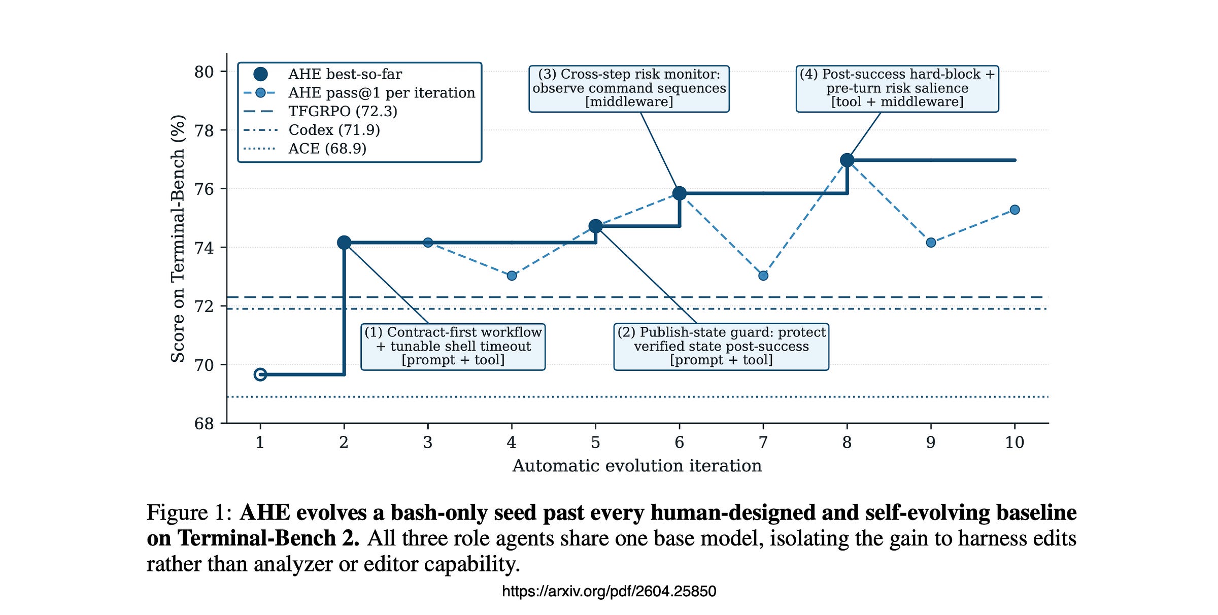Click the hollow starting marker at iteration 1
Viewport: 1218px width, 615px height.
pos(260,374)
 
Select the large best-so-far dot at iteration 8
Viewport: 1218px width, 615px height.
pos(847,160)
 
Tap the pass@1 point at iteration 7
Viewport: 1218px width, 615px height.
pos(763,276)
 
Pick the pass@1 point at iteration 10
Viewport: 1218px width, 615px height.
pos(1014,210)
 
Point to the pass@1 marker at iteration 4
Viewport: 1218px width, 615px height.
pos(512,276)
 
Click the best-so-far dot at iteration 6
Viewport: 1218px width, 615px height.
pos(680,193)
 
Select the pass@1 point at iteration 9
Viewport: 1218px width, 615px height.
pos(931,243)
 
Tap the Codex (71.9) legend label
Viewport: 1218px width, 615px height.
pos(334,130)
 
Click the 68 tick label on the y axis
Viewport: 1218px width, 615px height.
pos(204,423)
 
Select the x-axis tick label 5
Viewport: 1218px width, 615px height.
pos(595,442)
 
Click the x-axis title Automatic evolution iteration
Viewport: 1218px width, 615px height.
pos(637,466)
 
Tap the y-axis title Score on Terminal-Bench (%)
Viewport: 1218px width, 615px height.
pos(178,238)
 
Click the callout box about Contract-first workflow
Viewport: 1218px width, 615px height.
pos(453,347)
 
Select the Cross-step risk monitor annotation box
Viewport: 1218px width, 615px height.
pos(629,89)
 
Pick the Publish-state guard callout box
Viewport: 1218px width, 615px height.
pos(721,347)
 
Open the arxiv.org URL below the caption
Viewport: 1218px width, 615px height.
pos(609,591)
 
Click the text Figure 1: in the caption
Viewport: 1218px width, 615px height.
pos(189,512)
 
